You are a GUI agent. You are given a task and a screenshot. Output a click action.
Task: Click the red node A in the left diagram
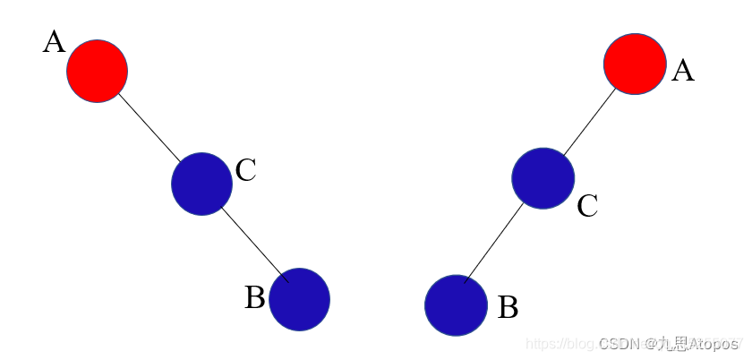pos(97,71)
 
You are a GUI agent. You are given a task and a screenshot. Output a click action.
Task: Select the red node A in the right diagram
pos(635,64)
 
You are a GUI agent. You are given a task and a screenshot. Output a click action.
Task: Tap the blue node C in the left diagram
pos(201,184)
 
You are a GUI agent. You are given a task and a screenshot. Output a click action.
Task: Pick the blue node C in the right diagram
pos(543,178)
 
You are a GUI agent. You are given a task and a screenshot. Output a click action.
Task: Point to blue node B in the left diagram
pos(299,299)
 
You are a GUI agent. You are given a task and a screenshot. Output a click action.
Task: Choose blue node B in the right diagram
pos(456,305)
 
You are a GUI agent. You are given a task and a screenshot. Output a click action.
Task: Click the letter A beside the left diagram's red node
pos(54,42)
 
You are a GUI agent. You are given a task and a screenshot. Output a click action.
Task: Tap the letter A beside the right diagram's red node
pos(682,71)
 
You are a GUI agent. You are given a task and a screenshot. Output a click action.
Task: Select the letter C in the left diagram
pos(246,170)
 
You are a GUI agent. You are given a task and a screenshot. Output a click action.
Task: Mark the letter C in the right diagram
pos(587,207)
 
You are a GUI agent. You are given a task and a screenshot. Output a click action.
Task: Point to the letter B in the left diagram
pos(254,297)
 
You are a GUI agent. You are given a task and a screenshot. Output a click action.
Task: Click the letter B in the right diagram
pos(508,307)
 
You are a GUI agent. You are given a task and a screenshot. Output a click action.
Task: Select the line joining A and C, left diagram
pos(149,126)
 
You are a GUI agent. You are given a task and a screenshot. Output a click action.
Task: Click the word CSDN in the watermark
pos(616,344)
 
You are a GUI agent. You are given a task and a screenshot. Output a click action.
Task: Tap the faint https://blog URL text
pos(560,344)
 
